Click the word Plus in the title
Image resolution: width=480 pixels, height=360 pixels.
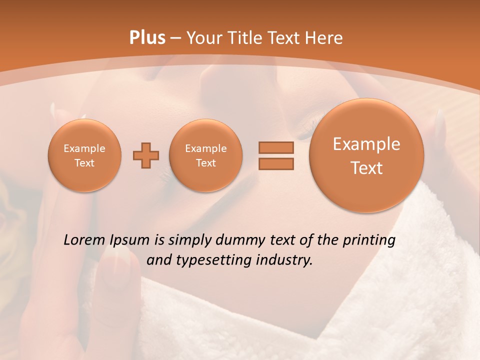coord(147,38)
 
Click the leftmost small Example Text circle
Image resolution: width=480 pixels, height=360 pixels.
coord(84,155)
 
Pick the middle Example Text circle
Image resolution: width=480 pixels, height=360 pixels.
coord(205,155)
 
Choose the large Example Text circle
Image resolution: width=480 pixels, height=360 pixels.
coord(366,155)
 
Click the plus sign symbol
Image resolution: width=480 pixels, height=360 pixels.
coord(146,155)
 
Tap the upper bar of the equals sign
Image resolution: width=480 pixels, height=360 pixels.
coord(275,147)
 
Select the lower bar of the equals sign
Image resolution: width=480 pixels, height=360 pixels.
coord(275,163)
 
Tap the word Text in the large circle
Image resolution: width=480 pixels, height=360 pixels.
coord(366,168)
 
